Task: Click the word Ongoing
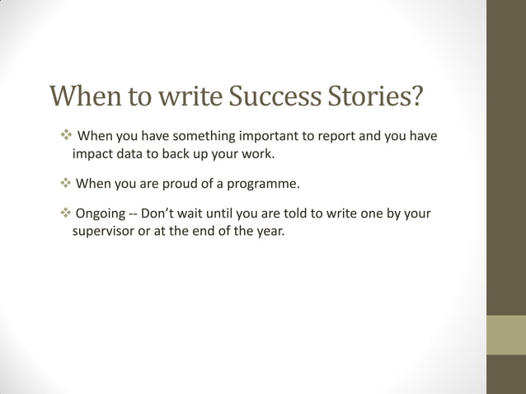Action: pyautogui.click(x=101, y=214)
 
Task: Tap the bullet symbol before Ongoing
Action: pyautogui.click(x=66, y=214)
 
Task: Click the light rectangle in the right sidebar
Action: pyautogui.click(x=505, y=335)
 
